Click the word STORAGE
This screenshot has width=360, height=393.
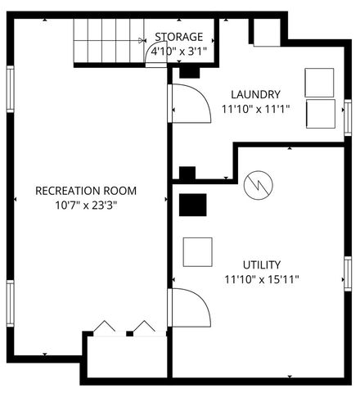click(178, 37)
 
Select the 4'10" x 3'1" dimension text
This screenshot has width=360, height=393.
click(178, 51)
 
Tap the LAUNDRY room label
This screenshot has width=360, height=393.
click(255, 94)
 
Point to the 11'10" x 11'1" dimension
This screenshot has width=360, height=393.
click(255, 109)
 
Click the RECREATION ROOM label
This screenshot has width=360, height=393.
click(86, 191)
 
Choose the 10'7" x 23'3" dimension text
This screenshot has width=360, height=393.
click(86, 206)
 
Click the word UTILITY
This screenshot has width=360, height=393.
click(262, 264)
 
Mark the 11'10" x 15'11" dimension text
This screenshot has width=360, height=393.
click(262, 279)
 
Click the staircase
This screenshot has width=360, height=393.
click(102, 41)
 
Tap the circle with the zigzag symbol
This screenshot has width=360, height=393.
click(258, 185)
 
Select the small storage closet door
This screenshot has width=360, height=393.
click(157, 53)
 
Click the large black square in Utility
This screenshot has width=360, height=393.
click(193, 205)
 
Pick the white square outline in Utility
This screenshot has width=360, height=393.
click(197, 251)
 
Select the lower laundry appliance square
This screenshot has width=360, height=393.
click(320, 112)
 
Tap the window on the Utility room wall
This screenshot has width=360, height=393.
click(348, 273)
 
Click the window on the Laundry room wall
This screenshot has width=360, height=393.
click(348, 115)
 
